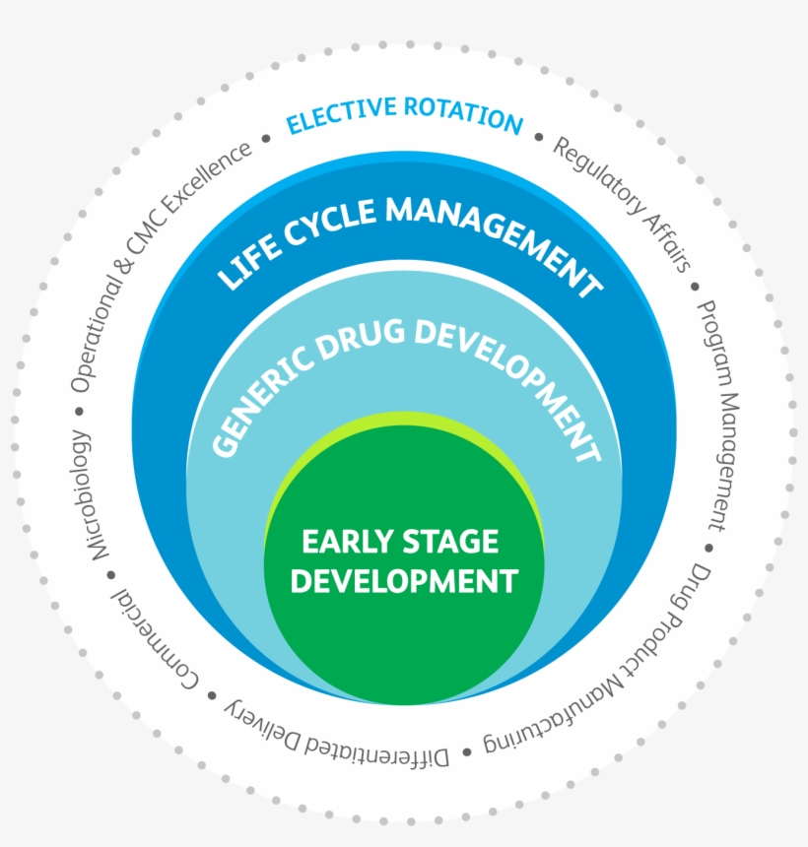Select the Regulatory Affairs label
621,203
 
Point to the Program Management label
718,414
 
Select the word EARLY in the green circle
346,542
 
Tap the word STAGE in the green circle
448,542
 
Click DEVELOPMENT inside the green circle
404,580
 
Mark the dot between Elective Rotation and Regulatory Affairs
538,137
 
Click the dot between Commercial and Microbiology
109,574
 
